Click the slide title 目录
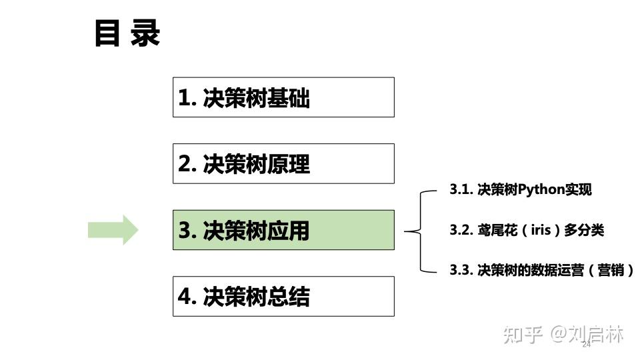(127, 33)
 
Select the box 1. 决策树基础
(283, 97)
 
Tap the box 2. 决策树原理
(283, 163)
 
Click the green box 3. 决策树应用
(283, 230)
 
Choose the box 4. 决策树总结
(283, 296)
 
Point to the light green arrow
(113, 230)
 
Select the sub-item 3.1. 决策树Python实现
(520, 189)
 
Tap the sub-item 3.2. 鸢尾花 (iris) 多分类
(527, 230)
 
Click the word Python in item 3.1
(541, 189)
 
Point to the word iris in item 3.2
(541, 230)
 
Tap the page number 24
(587, 344)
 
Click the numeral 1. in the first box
(187, 98)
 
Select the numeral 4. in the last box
(187, 297)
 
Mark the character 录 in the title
(145, 33)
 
